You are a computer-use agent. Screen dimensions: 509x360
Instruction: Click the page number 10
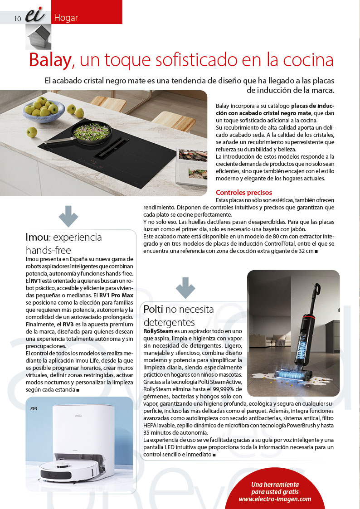[x=18, y=18]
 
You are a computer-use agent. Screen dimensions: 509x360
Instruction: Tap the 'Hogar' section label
[x=66, y=18]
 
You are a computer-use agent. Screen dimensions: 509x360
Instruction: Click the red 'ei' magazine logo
[x=34, y=16]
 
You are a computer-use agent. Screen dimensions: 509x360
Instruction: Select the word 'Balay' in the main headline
[x=49, y=60]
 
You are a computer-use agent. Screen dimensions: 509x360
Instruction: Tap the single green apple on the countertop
[x=31, y=132]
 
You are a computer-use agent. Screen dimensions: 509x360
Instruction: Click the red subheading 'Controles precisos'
[x=244, y=192]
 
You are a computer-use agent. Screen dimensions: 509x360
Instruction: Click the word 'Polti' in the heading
[x=153, y=309]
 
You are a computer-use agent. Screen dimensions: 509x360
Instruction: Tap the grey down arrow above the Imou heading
[x=68, y=216]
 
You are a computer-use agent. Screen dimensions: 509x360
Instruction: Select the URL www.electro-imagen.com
[x=275, y=499]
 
